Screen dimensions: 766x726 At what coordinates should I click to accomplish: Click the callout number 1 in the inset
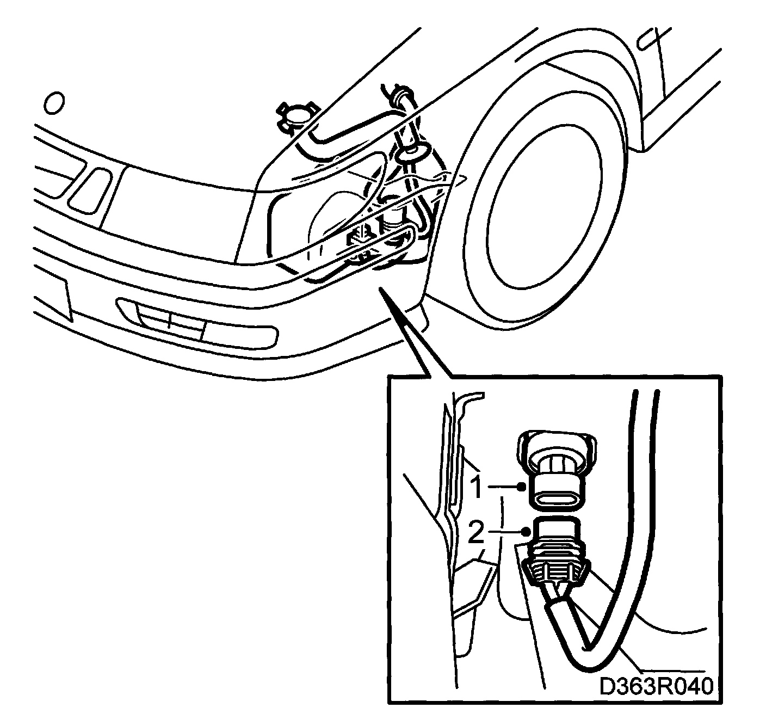pyautogui.click(x=476, y=487)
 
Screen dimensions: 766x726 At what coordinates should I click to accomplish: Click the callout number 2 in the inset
pyautogui.click(x=476, y=532)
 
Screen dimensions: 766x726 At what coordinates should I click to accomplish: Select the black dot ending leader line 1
pyautogui.click(x=522, y=487)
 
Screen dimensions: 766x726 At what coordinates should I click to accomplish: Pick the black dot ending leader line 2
pyautogui.click(x=525, y=532)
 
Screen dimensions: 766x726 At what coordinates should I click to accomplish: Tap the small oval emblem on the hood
pyautogui.click(x=54, y=103)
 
